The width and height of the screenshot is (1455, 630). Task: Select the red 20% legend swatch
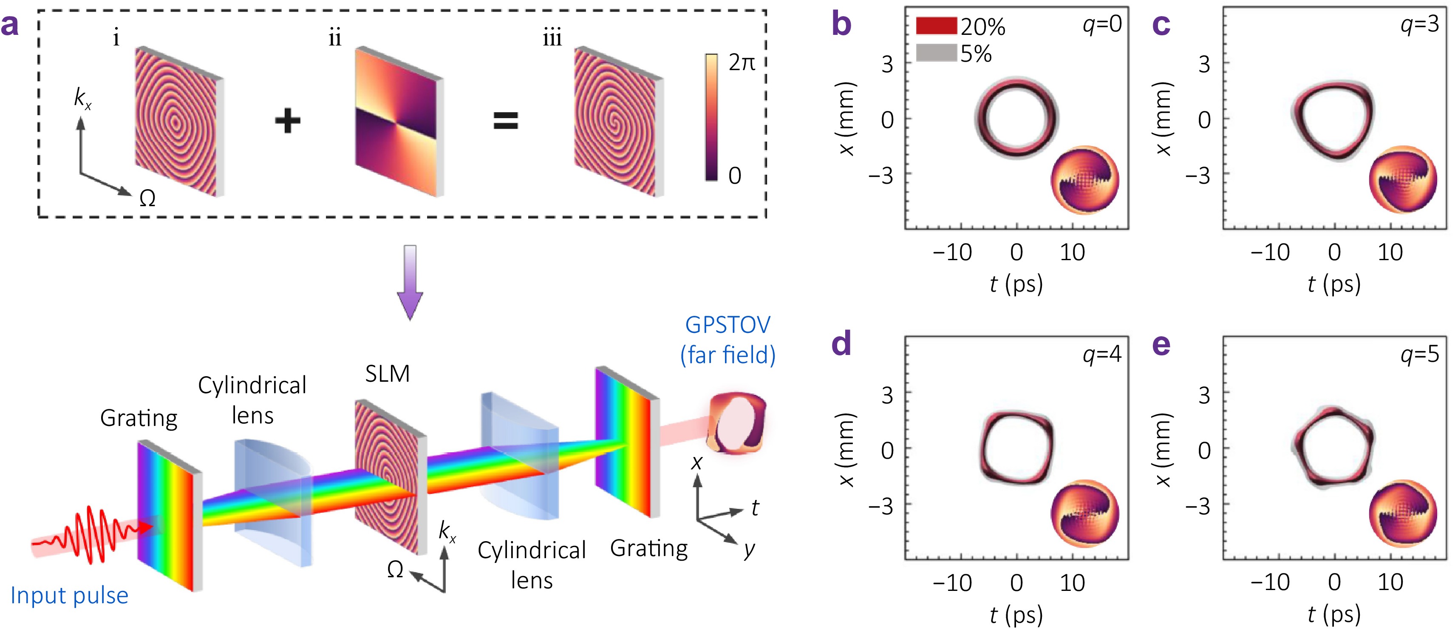(x=936, y=26)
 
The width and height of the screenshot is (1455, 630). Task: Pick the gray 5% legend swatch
(x=936, y=53)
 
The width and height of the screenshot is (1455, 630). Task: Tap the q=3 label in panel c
(x=1419, y=24)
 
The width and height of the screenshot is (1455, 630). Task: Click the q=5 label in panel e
(x=1419, y=354)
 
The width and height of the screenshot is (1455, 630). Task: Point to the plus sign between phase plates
(x=288, y=121)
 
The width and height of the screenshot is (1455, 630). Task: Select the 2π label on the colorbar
(x=742, y=62)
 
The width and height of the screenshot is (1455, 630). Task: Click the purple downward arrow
(x=410, y=283)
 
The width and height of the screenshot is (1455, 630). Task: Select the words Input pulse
(x=69, y=596)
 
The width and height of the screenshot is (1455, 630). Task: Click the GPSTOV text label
(x=727, y=325)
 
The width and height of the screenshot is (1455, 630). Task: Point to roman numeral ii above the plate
(x=335, y=38)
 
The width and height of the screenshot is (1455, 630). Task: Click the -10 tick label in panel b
(x=952, y=253)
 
